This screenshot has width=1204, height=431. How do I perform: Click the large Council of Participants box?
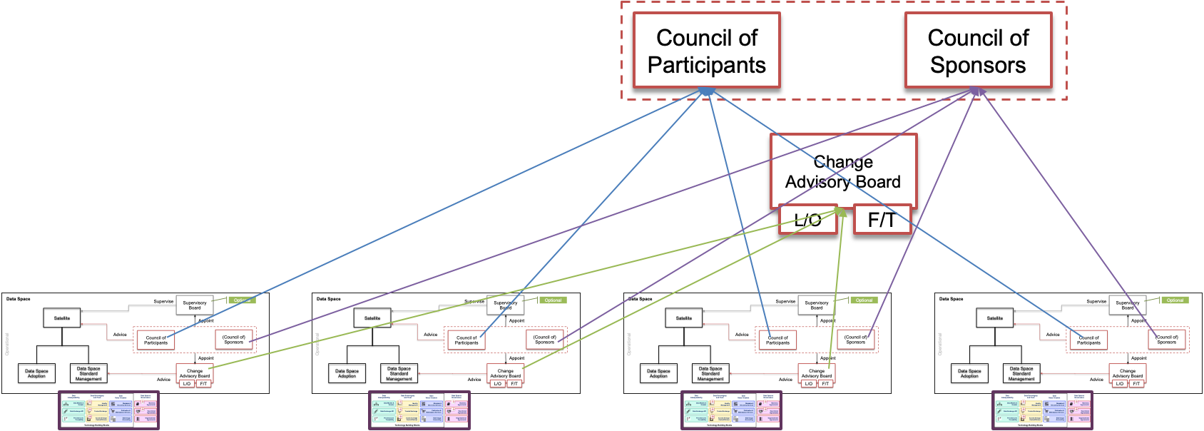(706, 51)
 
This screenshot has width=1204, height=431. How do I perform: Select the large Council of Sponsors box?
(978, 51)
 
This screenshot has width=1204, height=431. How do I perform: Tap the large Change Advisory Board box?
(842, 171)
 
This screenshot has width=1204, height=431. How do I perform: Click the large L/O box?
(807, 220)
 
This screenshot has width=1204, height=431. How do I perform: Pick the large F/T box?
(882, 220)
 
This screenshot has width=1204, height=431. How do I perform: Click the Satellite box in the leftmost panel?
(62, 318)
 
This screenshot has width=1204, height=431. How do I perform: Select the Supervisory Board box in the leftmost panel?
(194, 305)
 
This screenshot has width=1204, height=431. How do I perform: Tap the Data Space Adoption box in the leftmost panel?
(36, 373)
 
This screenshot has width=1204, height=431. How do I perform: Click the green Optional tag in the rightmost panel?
(1175, 300)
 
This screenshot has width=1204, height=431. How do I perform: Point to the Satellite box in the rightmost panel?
(995, 318)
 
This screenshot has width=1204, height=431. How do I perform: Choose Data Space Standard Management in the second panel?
(399, 373)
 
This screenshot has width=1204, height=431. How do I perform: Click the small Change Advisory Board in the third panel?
(817, 372)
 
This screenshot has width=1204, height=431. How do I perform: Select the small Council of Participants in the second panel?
(466, 340)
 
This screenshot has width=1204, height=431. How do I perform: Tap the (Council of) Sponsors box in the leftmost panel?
(234, 340)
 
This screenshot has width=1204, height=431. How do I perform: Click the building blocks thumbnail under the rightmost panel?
(1041, 410)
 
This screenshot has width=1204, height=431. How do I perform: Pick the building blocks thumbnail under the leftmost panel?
(108, 410)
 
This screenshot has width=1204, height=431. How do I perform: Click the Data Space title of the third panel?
(640, 299)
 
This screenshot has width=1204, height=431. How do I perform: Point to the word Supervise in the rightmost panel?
(1096, 301)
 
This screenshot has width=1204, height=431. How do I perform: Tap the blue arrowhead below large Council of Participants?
(706, 91)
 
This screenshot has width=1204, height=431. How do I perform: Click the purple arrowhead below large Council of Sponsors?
(978, 91)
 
